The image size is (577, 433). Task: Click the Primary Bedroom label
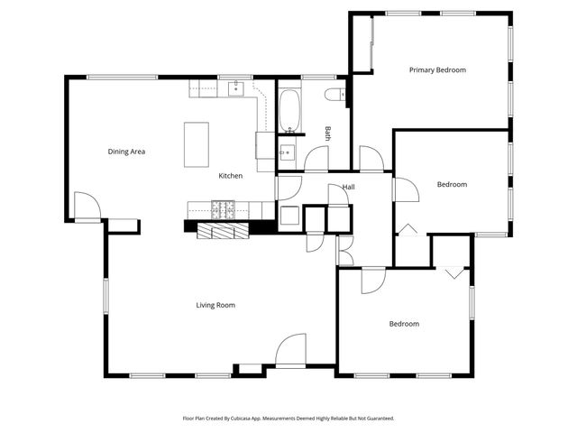click(437, 69)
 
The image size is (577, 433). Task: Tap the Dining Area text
click(126, 152)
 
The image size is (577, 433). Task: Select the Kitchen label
click(230, 176)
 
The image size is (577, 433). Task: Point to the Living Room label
click(215, 305)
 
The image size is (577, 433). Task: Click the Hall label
click(348, 188)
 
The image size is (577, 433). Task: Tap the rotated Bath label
click(328, 133)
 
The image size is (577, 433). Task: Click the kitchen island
click(197, 144)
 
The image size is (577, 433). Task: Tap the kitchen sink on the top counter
click(237, 88)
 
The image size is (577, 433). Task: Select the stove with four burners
click(223, 210)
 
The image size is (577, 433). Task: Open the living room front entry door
click(291, 352)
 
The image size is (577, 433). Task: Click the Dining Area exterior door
click(87, 207)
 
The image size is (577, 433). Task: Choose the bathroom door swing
click(316, 160)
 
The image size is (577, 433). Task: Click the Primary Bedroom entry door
click(371, 159)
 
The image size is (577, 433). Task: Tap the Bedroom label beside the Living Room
click(404, 324)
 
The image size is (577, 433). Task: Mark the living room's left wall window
click(105, 303)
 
